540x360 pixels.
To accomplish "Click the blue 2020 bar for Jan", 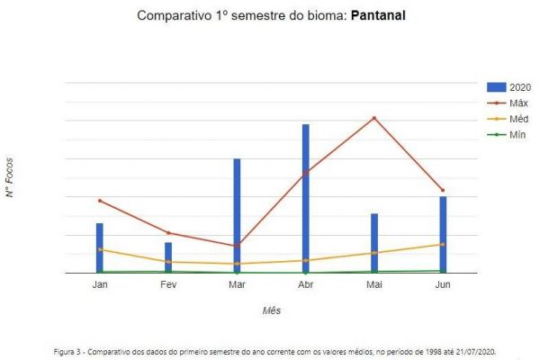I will coord(100,248).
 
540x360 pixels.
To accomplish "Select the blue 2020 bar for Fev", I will coord(168,257).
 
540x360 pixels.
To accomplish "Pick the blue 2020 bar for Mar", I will coord(237,216).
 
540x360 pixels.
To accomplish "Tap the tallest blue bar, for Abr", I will coord(306,198).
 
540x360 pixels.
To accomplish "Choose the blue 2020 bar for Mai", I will coord(374,243).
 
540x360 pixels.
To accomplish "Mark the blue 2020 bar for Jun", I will coord(443,235).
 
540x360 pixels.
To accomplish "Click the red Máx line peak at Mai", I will coord(374,118).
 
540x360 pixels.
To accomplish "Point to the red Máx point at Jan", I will coord(100,201).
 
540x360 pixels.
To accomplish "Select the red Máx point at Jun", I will coord(443,191).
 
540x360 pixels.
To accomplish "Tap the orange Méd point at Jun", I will coord(443,244).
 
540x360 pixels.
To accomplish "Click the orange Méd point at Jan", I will coord(100,249).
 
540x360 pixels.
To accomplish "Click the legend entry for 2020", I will coord(509,86).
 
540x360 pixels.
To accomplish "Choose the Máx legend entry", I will coord(509,103).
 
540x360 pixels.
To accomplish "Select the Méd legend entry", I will coord(509,119).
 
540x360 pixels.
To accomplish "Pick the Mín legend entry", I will coord(509,135).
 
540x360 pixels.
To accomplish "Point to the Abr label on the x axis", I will coord(305,284).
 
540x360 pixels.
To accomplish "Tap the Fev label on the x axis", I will coord(168,284).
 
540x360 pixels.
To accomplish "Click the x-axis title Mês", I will coord(272,310).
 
